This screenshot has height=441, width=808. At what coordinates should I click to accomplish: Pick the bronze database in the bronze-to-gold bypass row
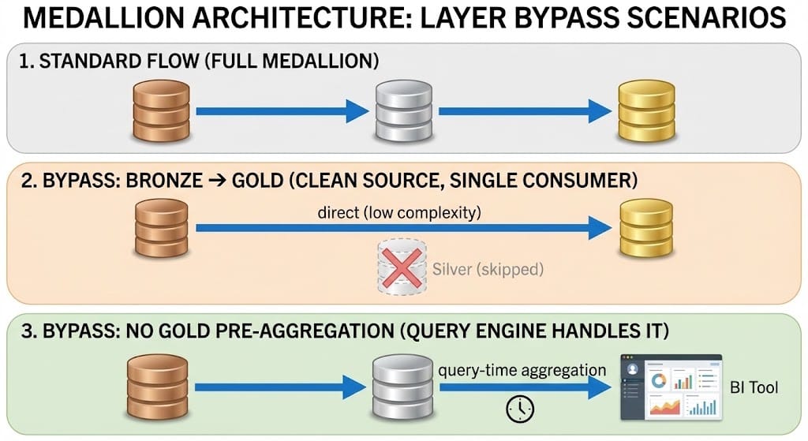tap(162, 230)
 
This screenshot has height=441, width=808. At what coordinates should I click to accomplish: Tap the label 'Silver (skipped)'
tap(488, 269)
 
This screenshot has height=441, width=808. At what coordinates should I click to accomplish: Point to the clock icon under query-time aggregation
tap(519, 407)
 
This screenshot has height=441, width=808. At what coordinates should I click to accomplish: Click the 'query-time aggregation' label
tap(522, 369)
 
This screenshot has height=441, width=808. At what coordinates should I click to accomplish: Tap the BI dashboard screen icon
tap(671, 386)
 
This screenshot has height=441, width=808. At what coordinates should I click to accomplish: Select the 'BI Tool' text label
tap(754, 387)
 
